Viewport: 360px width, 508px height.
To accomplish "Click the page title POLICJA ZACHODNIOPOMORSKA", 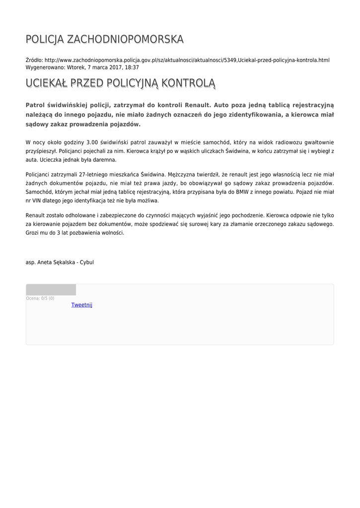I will click(x=104, y=39).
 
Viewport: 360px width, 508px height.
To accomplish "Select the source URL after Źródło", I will click(x=187, y=60).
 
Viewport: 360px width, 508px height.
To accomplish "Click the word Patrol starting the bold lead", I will click(x=35, y=105).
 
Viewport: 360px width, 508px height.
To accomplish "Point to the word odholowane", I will click(x=85, y=215).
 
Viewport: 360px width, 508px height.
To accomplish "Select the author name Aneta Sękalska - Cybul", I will click(x=66, y=262).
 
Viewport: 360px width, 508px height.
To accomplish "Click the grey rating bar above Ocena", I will click(x=51, y=290).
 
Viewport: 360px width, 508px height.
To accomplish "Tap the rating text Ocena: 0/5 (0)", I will click(x=40, y=298).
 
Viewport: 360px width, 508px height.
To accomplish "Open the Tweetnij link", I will click(x=81, y=305).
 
